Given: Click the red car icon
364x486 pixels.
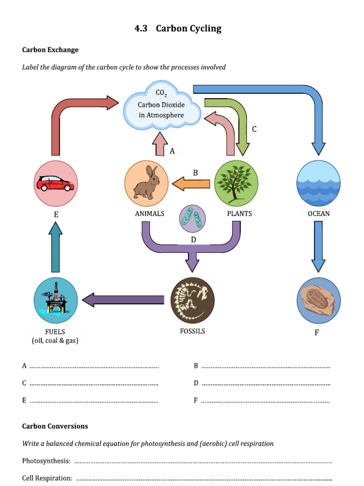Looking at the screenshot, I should pos(56,183).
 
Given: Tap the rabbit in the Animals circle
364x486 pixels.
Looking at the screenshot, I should pos(146,183).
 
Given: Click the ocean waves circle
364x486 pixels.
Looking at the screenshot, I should pos(318,183).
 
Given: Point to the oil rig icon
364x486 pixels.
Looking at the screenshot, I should pos(55,299).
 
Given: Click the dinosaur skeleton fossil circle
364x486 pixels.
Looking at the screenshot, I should pos(192,300).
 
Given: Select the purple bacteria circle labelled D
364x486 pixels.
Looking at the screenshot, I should pos(192,219).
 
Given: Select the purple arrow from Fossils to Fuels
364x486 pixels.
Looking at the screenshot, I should pos(123,299).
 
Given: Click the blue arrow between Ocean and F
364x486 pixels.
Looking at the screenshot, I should pos(318,247).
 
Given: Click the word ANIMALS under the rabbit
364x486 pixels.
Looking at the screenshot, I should pos(149,214).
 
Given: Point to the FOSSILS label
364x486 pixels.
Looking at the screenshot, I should pos(192,331).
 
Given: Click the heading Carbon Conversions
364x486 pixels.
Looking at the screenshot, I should pos(55,426).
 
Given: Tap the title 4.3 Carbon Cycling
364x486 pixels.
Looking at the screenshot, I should pos(178,28).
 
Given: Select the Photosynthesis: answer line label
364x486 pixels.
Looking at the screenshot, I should pos(46,461).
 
